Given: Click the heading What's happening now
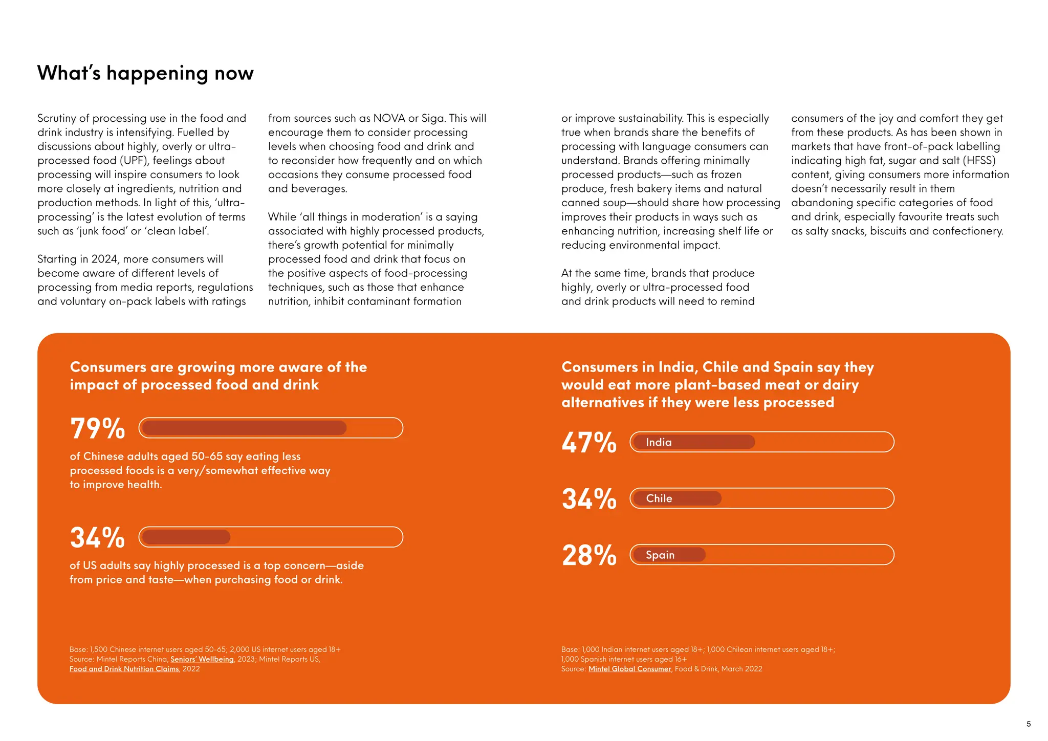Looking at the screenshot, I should (x=145, y=73).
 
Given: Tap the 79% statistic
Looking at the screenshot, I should (x=97, y=428).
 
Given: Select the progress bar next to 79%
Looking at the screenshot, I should (x=271, y=428).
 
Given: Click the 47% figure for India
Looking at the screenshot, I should (x=589, y=443).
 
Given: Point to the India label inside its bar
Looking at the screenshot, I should (x=659, y=442).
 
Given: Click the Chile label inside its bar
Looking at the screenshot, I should (x=659, y=498).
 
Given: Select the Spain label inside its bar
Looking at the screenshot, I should (x=660, y=555).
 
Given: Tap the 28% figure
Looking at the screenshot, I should (x=589, y=555).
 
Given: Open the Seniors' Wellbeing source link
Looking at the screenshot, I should (x=202, y=659).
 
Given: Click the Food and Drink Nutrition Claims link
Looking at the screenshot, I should (x=124, y=669).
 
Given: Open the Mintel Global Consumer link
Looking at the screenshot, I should (x=629, y=669).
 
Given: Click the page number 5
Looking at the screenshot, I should (x=1029, y=724).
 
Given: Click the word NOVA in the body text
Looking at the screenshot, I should (x=389, y=118).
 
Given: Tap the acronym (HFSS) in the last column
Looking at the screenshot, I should (x=979, y=161).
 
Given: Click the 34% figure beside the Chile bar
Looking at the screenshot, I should (x=589, y=499).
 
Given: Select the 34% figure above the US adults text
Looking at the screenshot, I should (x=97, y=538).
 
